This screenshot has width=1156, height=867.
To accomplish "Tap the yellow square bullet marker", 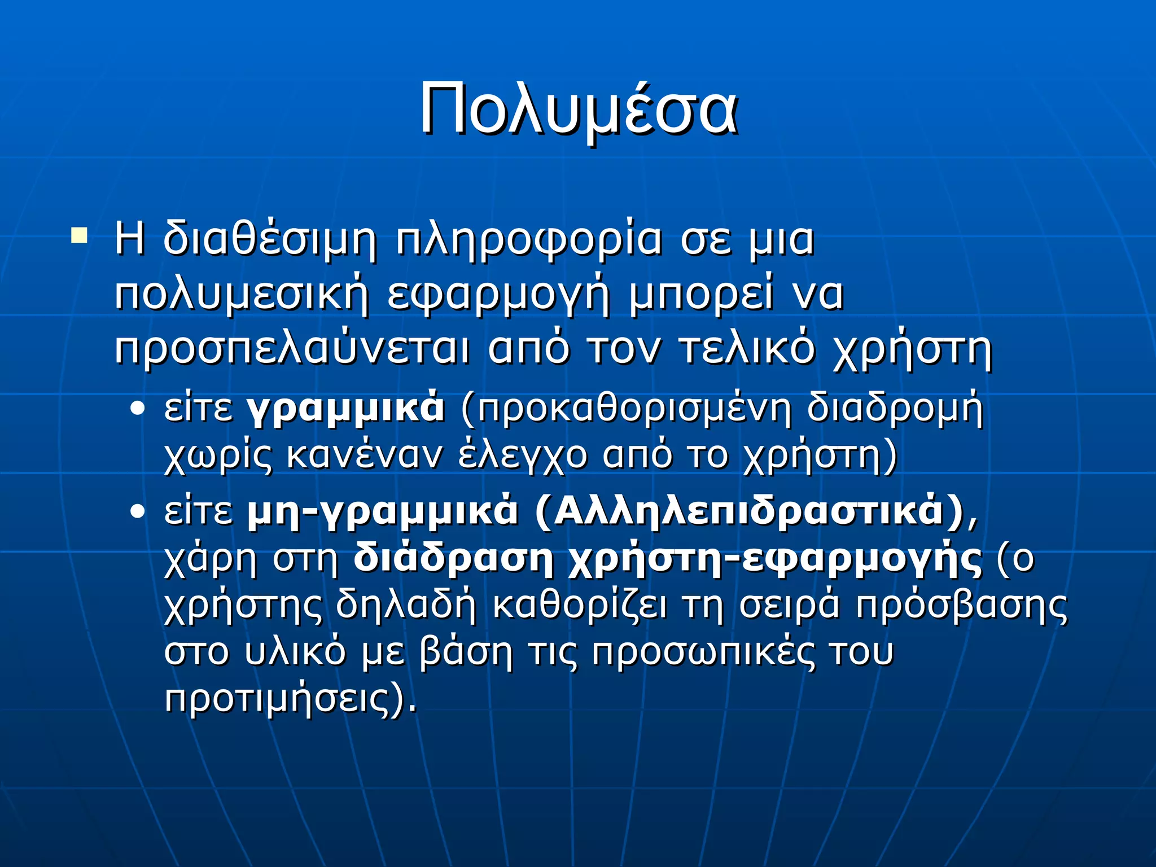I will coord(79,235).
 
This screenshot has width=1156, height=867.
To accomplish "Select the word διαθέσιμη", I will coord(270,240).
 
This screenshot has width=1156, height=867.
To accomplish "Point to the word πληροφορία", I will coord(529,240).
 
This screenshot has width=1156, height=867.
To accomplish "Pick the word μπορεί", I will coord(700,295).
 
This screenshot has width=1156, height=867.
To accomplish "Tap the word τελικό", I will coord(747,348).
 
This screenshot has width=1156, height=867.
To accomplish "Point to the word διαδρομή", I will coord(895,409).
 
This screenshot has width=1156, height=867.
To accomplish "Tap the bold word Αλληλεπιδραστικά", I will coord(748,511).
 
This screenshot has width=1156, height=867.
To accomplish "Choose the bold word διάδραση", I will coord(453,559).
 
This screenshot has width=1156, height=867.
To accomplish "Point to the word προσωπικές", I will coord(704,653).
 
